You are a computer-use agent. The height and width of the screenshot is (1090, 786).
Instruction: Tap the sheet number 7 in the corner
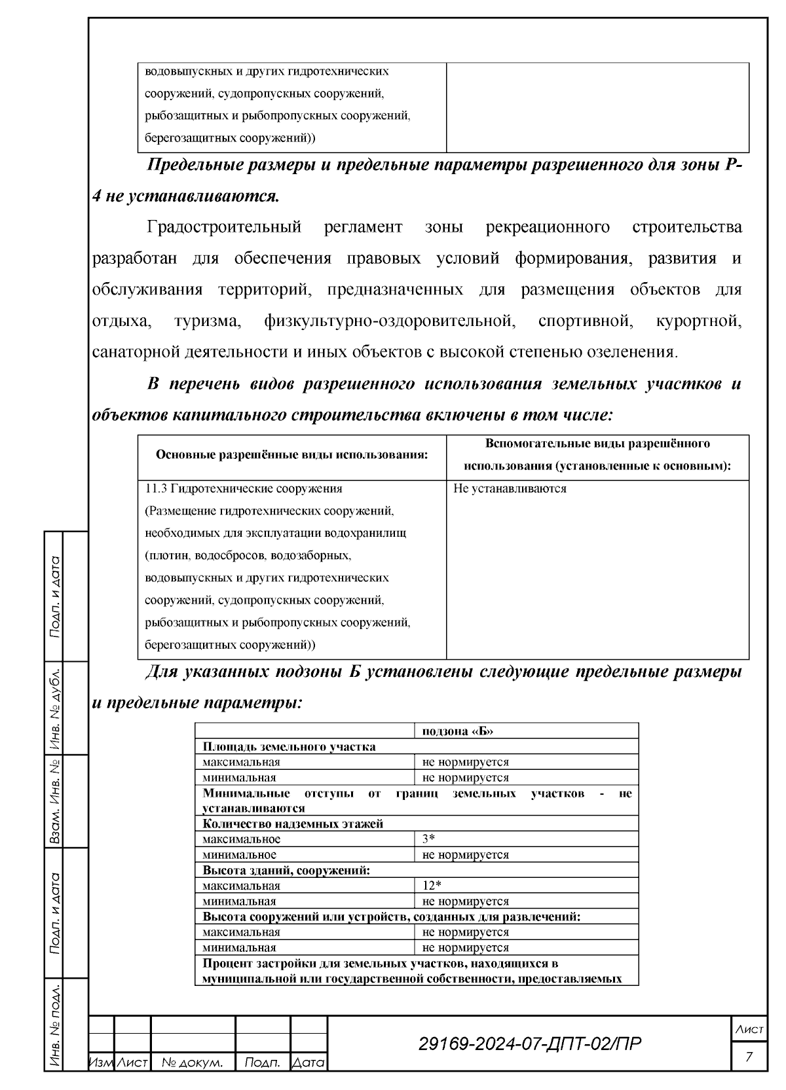749,1056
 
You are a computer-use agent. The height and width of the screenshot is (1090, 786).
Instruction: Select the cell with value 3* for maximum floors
429,839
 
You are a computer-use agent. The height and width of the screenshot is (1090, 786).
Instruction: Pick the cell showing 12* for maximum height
431,886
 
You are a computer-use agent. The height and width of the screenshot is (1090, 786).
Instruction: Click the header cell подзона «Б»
457,731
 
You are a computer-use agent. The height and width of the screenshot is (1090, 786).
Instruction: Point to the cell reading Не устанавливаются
510,488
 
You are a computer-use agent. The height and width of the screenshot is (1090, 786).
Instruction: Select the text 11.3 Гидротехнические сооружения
243,488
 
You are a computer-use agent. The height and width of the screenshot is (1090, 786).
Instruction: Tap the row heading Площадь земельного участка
289,747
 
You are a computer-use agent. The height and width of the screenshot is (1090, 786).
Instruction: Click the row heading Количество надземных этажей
293,824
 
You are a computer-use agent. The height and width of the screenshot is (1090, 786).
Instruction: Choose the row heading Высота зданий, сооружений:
286,871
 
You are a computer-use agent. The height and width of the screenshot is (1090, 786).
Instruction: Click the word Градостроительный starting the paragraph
224,227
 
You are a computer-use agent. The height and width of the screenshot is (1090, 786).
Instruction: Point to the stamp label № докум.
193,1063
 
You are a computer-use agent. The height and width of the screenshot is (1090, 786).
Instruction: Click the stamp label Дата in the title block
309,1063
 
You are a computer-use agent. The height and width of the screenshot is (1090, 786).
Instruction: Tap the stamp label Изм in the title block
101,1063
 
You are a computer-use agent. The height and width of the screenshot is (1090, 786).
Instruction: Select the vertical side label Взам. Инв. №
56,801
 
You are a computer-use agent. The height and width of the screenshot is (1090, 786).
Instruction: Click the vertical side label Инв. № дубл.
56,708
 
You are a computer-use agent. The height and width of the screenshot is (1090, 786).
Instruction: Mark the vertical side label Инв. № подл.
56,1025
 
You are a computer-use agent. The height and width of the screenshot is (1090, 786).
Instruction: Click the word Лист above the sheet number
749,1030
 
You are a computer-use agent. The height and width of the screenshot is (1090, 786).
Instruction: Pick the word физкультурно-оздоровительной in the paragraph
387,321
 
